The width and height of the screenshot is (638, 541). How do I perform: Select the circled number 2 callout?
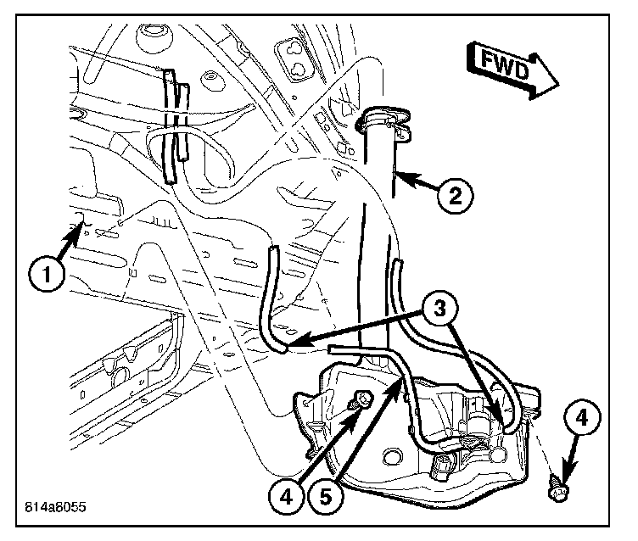[455, 197]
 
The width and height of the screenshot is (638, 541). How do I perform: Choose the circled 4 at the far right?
[581, 417]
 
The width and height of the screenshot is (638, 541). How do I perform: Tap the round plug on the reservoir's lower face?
[445, 465]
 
